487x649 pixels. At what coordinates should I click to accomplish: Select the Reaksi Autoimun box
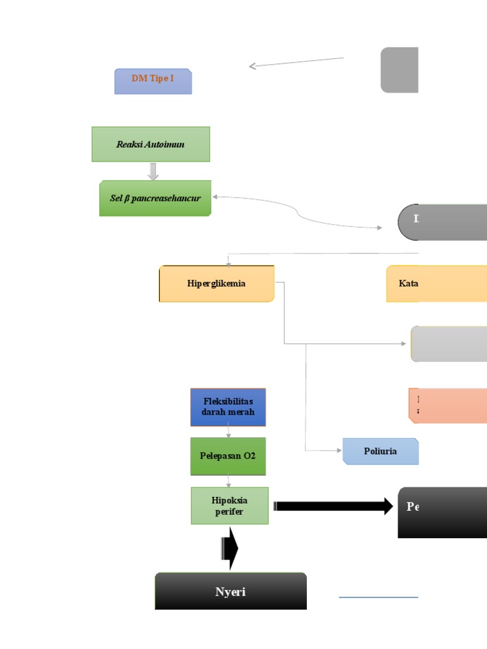(150, 144)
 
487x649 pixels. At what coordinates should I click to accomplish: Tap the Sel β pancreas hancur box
(155, 198)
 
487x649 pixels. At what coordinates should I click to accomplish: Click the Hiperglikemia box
(216, 283)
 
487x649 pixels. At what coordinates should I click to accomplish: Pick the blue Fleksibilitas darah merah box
(228, 407)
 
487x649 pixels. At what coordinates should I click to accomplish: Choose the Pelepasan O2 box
(228, 456)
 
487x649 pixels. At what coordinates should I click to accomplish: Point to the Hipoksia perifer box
(230, 506)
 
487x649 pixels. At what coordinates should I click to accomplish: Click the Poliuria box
(380, 451)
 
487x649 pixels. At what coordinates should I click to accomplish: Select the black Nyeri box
(231, 591)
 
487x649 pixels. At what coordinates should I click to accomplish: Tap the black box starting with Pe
(442, 512)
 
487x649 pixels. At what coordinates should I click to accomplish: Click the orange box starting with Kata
(436, 283)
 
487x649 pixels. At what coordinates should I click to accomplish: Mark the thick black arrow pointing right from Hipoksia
(333, 506)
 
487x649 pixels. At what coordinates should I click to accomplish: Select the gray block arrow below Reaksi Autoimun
(153, 172)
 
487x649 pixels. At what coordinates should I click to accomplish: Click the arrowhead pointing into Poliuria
(339, 451)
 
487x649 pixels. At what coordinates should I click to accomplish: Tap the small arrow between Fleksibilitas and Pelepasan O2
(228, 432)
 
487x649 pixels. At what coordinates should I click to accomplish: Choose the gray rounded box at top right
(399, 70)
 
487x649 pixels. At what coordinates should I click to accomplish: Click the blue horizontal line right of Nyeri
(378, 597)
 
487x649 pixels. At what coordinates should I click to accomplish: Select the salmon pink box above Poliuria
(448, 406)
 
